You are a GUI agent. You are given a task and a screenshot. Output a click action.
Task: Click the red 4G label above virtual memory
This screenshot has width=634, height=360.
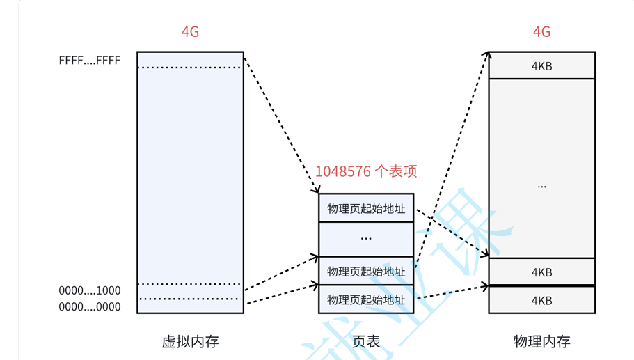pos(190,32)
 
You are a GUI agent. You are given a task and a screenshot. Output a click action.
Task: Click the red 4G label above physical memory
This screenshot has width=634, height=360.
pos(541,32)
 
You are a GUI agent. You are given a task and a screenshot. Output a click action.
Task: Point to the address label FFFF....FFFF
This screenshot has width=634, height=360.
pos(90,61)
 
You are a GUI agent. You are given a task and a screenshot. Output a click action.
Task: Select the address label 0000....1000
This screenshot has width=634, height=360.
pos(90,290)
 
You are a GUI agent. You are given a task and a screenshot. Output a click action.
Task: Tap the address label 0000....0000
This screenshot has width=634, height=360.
pos(90,306)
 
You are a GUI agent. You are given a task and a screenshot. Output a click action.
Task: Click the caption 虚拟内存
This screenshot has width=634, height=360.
pos(190,341)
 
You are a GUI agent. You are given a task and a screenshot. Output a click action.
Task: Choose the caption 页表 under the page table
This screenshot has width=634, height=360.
pos(366,341)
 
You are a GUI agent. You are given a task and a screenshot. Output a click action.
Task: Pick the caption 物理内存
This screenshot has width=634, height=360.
pos(541,341)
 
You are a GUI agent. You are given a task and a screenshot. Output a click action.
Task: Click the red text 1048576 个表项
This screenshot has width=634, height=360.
pos(366,171)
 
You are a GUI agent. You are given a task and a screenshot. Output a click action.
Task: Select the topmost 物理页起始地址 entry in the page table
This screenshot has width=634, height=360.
pos(366,208)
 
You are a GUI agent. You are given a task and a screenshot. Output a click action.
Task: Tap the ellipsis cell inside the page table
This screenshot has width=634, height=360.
pos(366,239)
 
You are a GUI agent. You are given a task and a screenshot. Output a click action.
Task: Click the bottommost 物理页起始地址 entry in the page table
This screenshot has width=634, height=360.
pos(366,299)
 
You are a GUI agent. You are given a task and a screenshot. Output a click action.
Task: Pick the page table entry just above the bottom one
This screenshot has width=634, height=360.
pos(366,271)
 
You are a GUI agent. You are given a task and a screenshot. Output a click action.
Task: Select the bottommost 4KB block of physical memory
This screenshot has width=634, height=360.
pos(541,300)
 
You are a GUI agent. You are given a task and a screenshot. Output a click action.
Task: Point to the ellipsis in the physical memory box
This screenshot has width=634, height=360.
pos(541,187)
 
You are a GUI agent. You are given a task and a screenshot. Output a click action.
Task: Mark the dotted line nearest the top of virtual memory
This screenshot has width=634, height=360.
pos(190,68)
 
